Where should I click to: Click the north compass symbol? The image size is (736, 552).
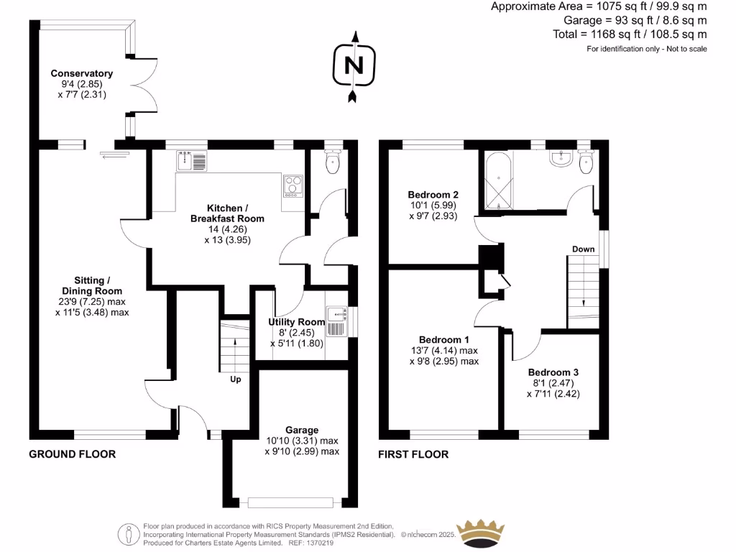[x=352, y=66]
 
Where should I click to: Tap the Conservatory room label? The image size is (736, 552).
[x=81, y=73]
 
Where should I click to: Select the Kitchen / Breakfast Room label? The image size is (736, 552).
[x=226, y=213]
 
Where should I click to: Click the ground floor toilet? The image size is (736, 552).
[x=331, y=162]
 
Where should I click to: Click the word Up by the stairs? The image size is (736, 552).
[x=235, y=379]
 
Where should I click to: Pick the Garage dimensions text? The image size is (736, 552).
[x=301, y=446]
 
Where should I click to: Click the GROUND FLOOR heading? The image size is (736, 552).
[x=72, y=454]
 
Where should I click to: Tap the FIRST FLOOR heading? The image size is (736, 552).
[x=413, y=454]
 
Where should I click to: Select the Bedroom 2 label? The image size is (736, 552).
[x=433, y=195]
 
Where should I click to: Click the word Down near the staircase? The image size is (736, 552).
[x=583, y=249]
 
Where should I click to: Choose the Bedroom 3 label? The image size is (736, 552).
[x=553, y=372]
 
